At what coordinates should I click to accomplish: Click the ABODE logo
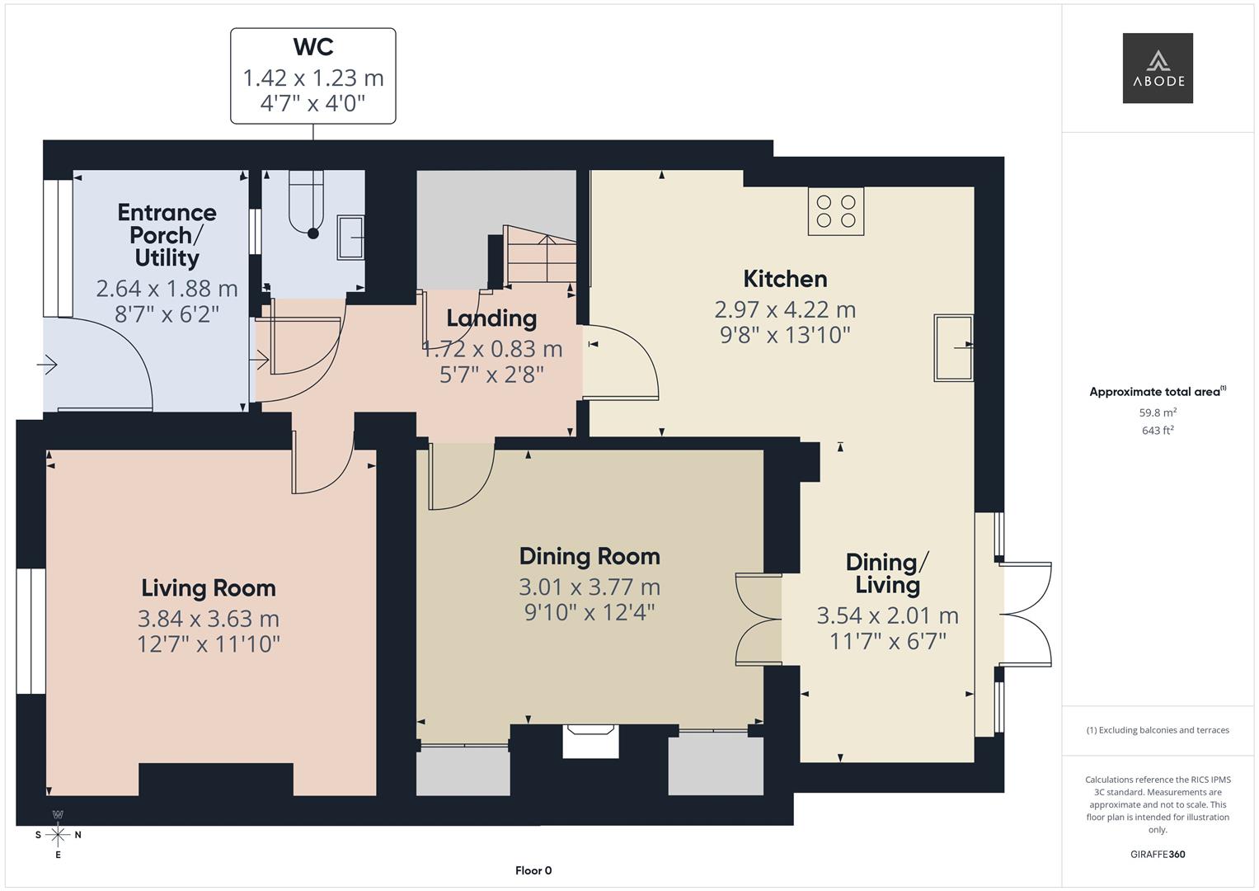1157,68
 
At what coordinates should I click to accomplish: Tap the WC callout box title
312,47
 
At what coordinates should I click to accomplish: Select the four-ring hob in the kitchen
835,211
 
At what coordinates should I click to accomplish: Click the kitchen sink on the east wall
952,347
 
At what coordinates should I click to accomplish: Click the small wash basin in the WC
350,238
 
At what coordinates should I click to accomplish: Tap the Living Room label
208,588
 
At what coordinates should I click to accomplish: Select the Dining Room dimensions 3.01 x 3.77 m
589,587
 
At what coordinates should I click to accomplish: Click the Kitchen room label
784,279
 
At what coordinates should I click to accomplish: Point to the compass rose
58,835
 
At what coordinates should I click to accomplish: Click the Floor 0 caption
533,870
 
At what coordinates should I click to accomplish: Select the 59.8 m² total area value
1157,412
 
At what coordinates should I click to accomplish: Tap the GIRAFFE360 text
1157,855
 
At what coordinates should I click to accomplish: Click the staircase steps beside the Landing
538,256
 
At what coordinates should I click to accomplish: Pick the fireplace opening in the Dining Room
590,741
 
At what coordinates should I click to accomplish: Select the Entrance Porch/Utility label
167,235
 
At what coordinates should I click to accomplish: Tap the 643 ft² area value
1157,431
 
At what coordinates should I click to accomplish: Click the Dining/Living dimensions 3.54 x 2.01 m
887,615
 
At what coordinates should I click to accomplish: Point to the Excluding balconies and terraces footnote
1157,730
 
